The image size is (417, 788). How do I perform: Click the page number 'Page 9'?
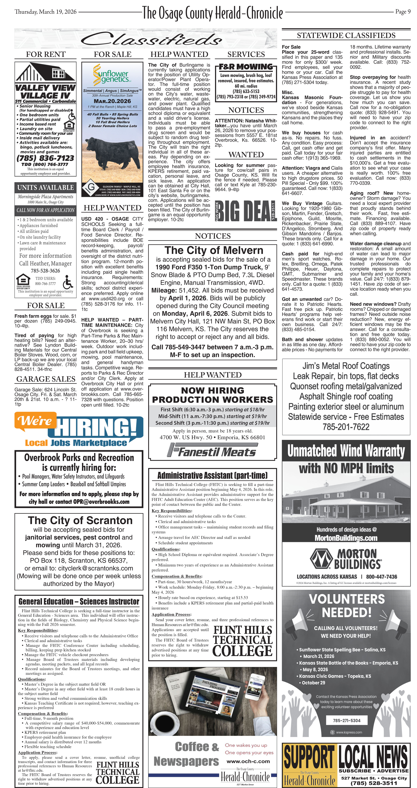pyautogui.click(x=403, y=12)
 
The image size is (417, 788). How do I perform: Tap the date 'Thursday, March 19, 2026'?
pyautogui.click(x=46, y=12)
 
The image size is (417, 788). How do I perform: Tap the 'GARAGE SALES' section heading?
pyautogui.click(x=46, y=379)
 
